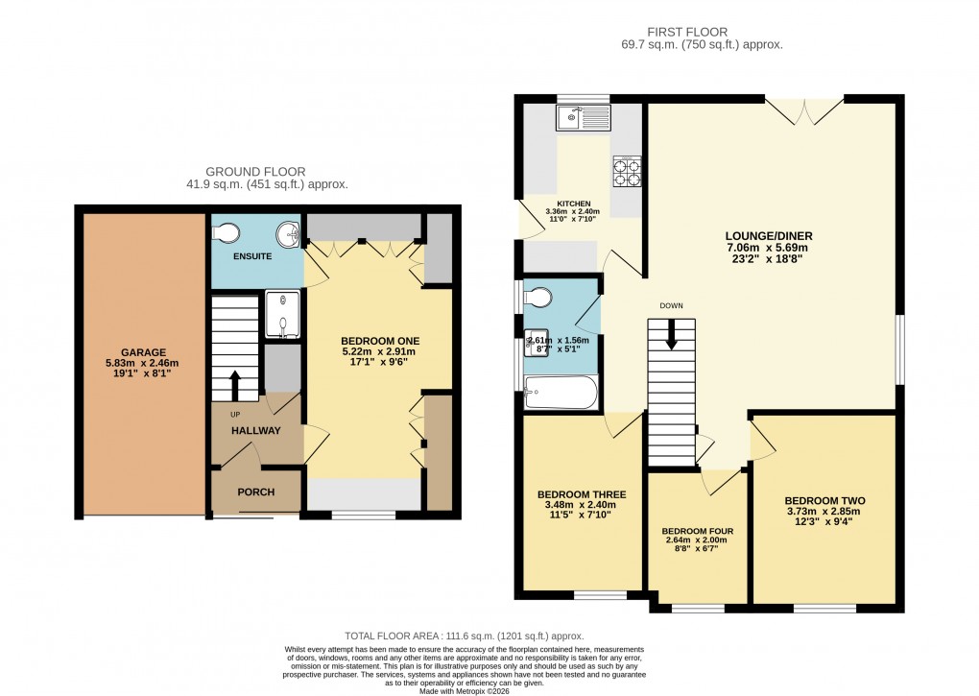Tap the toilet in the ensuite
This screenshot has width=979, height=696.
[227, 231]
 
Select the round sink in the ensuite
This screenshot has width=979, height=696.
[286, 234]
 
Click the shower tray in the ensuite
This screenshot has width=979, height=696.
[283, 316]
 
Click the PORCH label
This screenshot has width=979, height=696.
[255, 492]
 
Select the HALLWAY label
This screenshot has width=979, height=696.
[255, 431]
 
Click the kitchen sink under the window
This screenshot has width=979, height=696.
[583, 118]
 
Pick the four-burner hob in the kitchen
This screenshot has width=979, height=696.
[627, 171]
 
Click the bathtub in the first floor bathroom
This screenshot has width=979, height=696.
[561, 393]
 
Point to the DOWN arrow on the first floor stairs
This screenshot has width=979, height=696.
[671, 335]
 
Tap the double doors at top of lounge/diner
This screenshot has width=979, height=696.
[804, 111]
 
